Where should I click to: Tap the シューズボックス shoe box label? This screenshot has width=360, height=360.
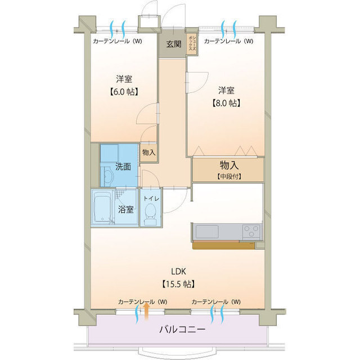click(x=192, y=42)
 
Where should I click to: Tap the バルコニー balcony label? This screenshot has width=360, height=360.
click(x=181, y=330)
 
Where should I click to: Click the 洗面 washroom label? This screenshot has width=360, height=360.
click(x=123, y=166)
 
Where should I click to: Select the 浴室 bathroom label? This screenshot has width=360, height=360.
click(x=125, y=209)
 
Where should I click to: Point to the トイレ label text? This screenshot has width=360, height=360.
click(x=151, y=199)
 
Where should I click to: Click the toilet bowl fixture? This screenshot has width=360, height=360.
click(x=150, y=214)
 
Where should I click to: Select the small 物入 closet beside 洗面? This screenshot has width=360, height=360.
click(x=148, y=152)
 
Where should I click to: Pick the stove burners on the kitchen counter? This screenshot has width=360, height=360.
click(x=250, y=231)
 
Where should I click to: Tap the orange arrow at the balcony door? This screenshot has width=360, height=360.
click(x=146, y=308)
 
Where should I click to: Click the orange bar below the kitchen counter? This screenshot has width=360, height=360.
click(x=223, y=245)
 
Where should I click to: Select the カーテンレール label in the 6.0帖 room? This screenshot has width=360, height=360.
click(x=118, y=41)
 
